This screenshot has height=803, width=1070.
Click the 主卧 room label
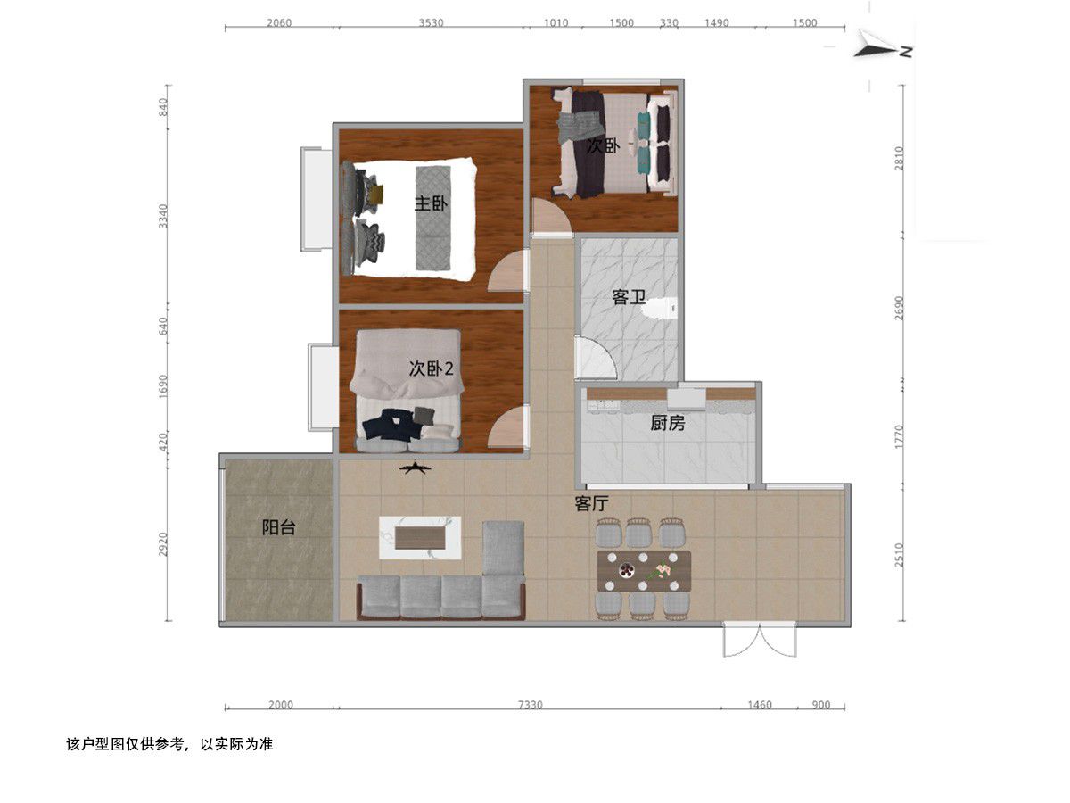(431, 203)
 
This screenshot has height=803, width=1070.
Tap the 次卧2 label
(431, 368)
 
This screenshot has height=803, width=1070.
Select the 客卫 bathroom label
(629, 297)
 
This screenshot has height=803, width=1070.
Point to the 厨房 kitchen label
(667, 423)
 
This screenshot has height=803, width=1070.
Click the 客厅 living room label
(592, 503)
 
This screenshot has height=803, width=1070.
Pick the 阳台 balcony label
(279, 527)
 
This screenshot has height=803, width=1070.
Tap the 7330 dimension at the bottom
(530, 705)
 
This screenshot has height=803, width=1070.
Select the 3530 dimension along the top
(431, 23)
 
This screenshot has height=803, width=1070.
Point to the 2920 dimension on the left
(163, 544)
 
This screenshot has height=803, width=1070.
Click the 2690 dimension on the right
(900, 308)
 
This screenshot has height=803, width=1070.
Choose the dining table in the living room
(644, 571)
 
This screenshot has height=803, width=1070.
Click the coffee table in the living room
(420, 538)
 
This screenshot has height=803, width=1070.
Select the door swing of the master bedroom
(508, 271)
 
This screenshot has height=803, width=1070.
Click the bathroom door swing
(596, 358)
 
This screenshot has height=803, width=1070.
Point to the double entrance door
(760, 640)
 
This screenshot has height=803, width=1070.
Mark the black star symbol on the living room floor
(415, 468)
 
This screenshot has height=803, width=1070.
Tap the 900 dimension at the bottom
(821, 705)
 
